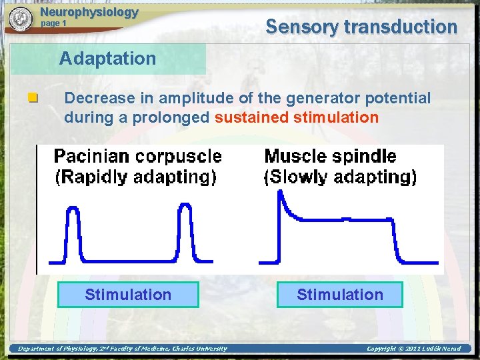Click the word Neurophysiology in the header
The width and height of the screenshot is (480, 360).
(x=89, y=12)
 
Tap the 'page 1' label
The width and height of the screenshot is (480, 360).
(x=54, y=23)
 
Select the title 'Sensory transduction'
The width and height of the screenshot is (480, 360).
(x=361, y=27)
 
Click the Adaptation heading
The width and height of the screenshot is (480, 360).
(x=107, y=59)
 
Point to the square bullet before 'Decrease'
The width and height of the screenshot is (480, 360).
(x=31, y=99)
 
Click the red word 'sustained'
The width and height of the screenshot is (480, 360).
(x=252, y=118)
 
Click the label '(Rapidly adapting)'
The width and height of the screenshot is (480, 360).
(x=135, y=177)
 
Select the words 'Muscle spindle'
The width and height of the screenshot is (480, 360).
(x=330, y=157)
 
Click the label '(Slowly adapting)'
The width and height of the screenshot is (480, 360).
(x=340, y=177)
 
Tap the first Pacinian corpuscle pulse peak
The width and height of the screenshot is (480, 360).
(x=73, y=207)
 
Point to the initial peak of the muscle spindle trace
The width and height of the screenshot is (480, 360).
(x=281, y=193)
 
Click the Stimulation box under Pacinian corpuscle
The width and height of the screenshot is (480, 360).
(x=128, y=295)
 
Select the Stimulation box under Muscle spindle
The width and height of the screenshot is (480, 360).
(x=340, y=295)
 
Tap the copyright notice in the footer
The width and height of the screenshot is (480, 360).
(x=413, y=348)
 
